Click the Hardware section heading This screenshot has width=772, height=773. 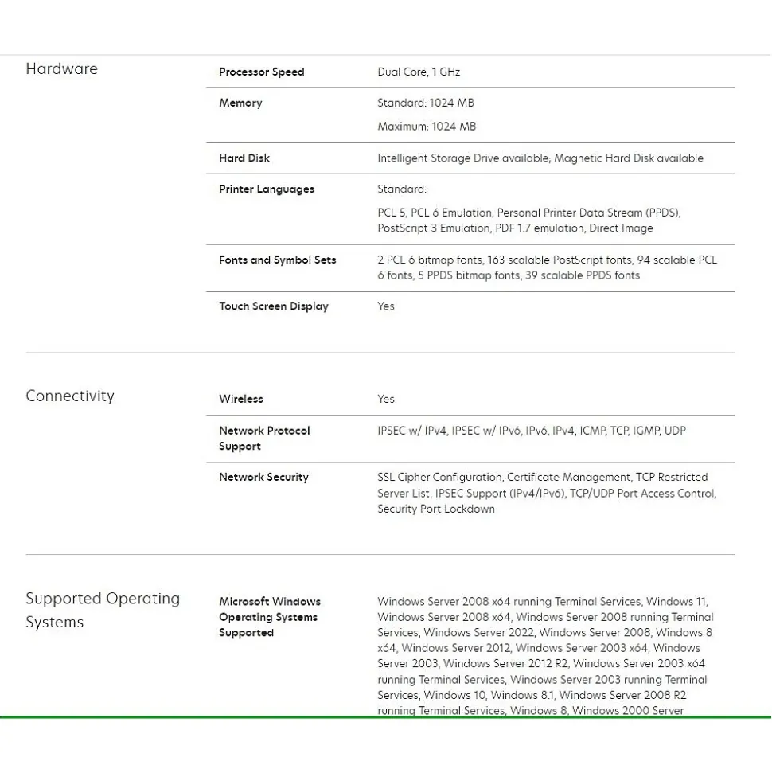coord(61,69)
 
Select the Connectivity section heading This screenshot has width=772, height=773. coord(70,396)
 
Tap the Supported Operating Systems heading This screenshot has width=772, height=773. coord(103,610)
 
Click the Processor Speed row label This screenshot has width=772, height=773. coord(261,72)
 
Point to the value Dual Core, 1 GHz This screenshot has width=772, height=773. coord(419,72)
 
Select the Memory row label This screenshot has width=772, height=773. coord(240,103)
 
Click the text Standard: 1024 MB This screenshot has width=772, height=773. coord(426,103)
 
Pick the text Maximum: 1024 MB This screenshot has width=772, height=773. coord(427,127)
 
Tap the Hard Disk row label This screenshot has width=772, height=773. coord(244,158)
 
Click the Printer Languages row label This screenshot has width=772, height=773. coord(267,189)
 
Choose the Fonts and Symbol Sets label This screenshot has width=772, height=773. coord(278,260)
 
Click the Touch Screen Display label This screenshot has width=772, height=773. coord(274,306)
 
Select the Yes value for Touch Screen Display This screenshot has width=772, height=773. coord(386,306)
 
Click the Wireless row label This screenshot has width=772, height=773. coord(241,400)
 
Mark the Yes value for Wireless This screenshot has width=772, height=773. coord(386,400)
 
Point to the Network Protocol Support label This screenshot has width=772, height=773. coord(264,439)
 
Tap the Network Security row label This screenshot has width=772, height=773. coord(263,478)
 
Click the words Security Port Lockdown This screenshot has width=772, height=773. coord(436,509)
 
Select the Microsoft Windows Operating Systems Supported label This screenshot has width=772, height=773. coord(269,617)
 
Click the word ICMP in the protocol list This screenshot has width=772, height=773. coord(592,431)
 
